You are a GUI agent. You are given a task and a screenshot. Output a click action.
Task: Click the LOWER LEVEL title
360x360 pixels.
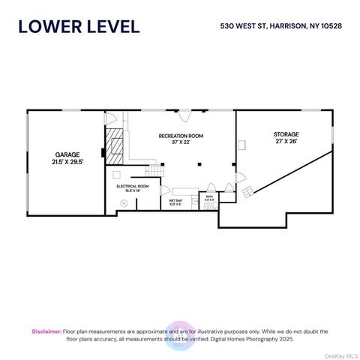click(x=79, y=26)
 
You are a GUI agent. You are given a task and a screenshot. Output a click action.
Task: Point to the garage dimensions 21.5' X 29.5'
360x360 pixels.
click(x=66, y=161)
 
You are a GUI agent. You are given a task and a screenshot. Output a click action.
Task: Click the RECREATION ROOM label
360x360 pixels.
click(x=181, y=136)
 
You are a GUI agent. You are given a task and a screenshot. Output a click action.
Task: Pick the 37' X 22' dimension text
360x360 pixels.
click(x=181, y=142)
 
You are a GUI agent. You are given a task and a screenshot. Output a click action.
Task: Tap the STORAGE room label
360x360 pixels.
click(x=285, y=134)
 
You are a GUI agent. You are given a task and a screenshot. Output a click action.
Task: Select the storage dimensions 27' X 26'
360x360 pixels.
click(x=285, y=142)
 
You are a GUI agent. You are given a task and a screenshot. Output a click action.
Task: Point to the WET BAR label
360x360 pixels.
click(x=175, y=200)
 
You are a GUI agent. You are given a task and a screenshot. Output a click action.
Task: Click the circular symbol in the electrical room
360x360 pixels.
click(x=125, y=202)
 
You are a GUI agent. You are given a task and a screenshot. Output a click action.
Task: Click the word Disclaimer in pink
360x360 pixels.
click(x=46, y=331)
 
